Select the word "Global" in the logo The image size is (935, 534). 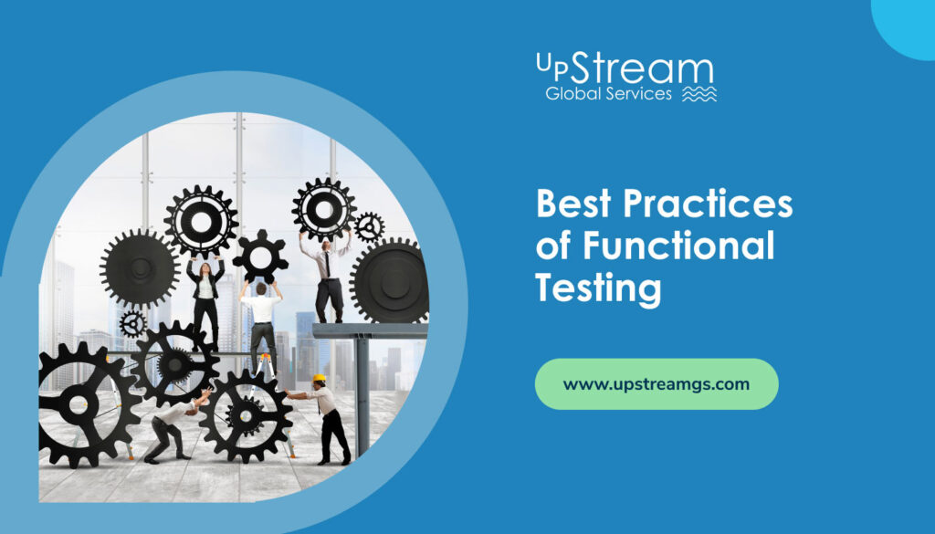[x=573, y=94]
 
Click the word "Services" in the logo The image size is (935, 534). [x=638, y=94]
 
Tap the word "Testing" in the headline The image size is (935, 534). [x=598, y=288]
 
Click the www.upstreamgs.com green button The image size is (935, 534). [x=656, y=383]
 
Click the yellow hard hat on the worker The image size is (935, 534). [x=320, y=378]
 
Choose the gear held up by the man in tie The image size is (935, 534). [x=323, y=208]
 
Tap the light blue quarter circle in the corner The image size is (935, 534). [x=908, y=23]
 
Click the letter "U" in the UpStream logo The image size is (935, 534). [x=544, y=63]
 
